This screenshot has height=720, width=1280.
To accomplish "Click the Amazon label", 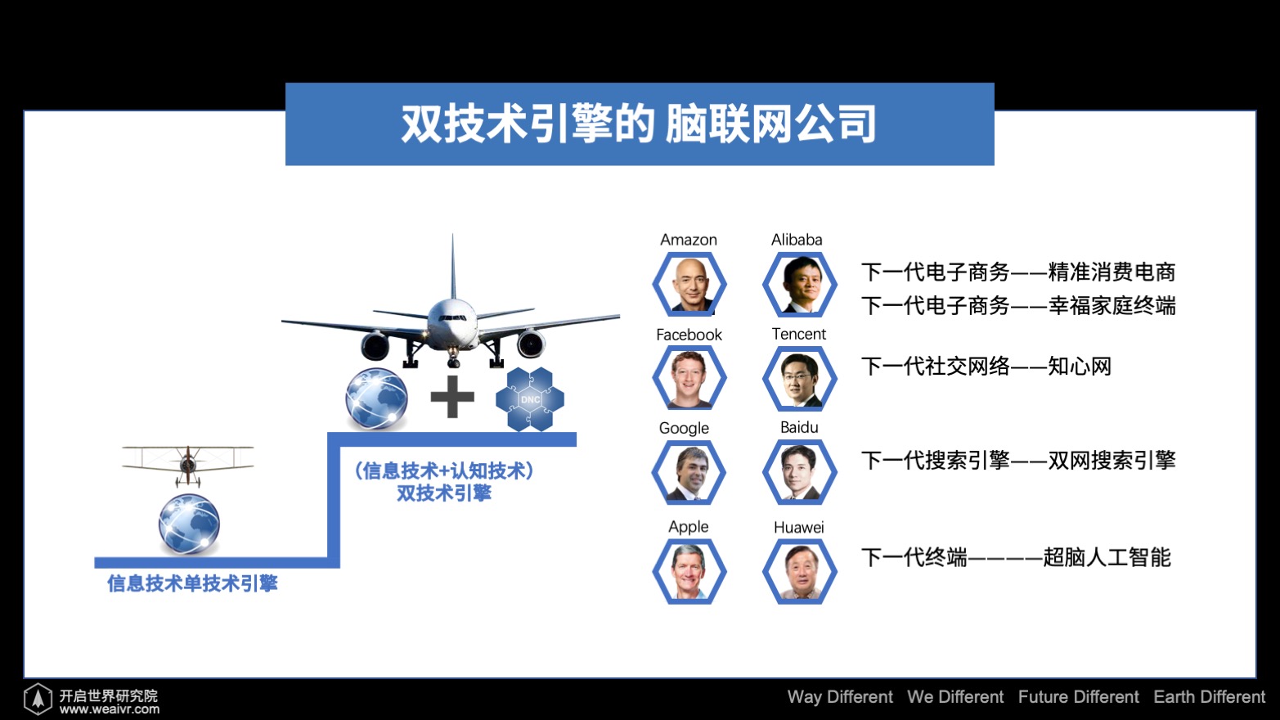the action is click(x=689, y=240).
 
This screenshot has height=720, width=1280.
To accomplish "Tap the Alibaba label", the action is click(x=797, y=240).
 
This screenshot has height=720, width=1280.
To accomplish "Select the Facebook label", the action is click(x=689, y=335).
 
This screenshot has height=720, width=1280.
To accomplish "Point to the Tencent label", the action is click(x=798, y=334).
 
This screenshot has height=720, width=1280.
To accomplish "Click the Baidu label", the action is click(x=799, y=427).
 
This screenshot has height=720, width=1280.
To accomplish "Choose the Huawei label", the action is click(x=798, y=527).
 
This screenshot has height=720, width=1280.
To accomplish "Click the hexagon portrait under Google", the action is click(x=689, y=472).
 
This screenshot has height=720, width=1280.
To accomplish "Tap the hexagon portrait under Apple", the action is click(x=689, y=571).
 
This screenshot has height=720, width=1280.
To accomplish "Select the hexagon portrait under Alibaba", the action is click(x=799, y=284).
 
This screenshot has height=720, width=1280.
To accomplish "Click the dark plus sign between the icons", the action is click(x=452, y=397).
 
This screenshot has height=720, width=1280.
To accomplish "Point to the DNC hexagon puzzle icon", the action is click(x=530, y=398).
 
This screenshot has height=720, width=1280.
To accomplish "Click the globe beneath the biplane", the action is click(x=189, y=524).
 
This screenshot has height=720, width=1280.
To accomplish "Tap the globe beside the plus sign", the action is click(x=376, y=398).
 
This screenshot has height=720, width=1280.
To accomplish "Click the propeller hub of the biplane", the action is click(x=188, y=463).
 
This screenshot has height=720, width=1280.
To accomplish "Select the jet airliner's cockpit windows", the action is click(x=452, y=317).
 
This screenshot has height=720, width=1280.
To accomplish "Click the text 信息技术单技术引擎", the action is click(x=192, y=583).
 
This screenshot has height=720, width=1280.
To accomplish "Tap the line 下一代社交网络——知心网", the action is click(x=986, y=367).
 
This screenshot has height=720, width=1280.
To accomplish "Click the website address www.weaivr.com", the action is click(x=110, y=709).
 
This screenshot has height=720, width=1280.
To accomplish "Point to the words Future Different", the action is click(x=1078, y=697).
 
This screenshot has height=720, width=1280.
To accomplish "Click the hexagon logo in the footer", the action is click(x=38, y=698).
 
